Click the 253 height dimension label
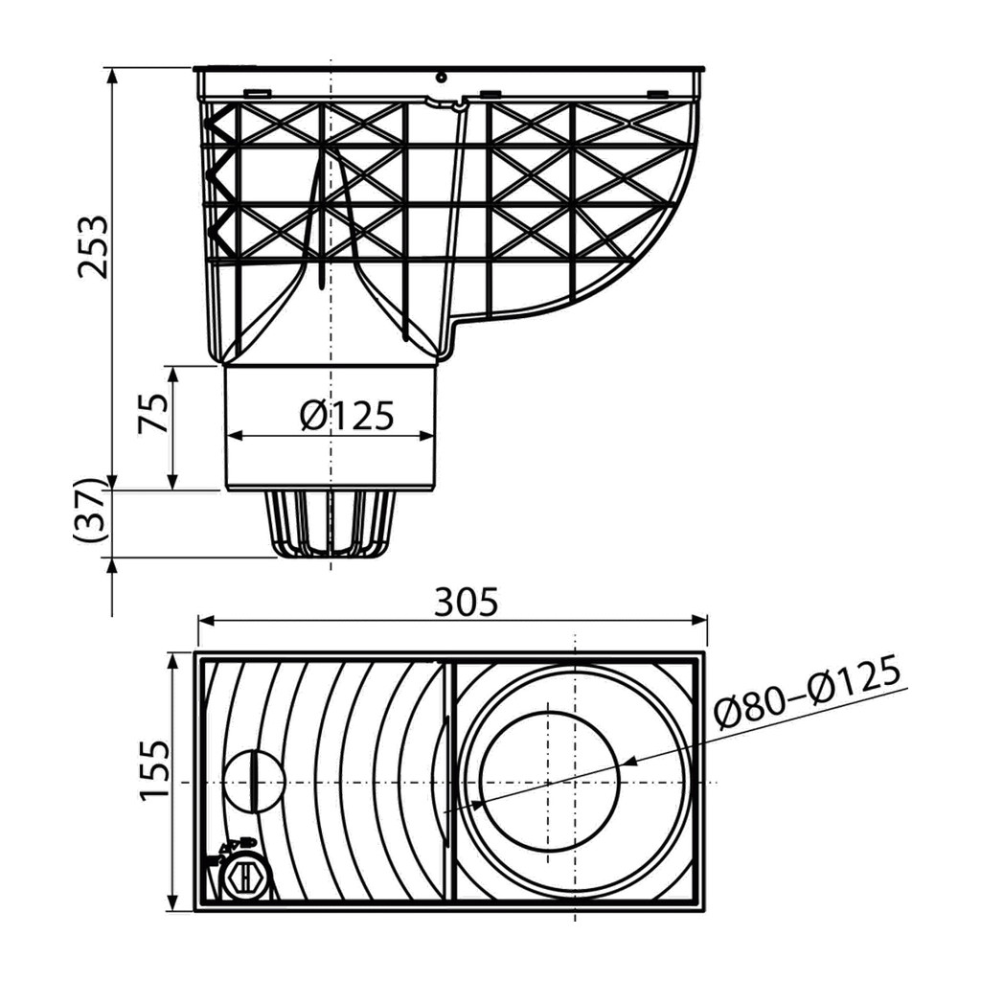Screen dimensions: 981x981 (93, 246)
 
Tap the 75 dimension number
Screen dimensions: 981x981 (153, 412)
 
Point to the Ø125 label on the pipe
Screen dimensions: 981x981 (347, 415)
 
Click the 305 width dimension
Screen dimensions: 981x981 (467, 602)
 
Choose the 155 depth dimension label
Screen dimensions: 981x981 (154, 770)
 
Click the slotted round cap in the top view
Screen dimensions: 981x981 (255, 781)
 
